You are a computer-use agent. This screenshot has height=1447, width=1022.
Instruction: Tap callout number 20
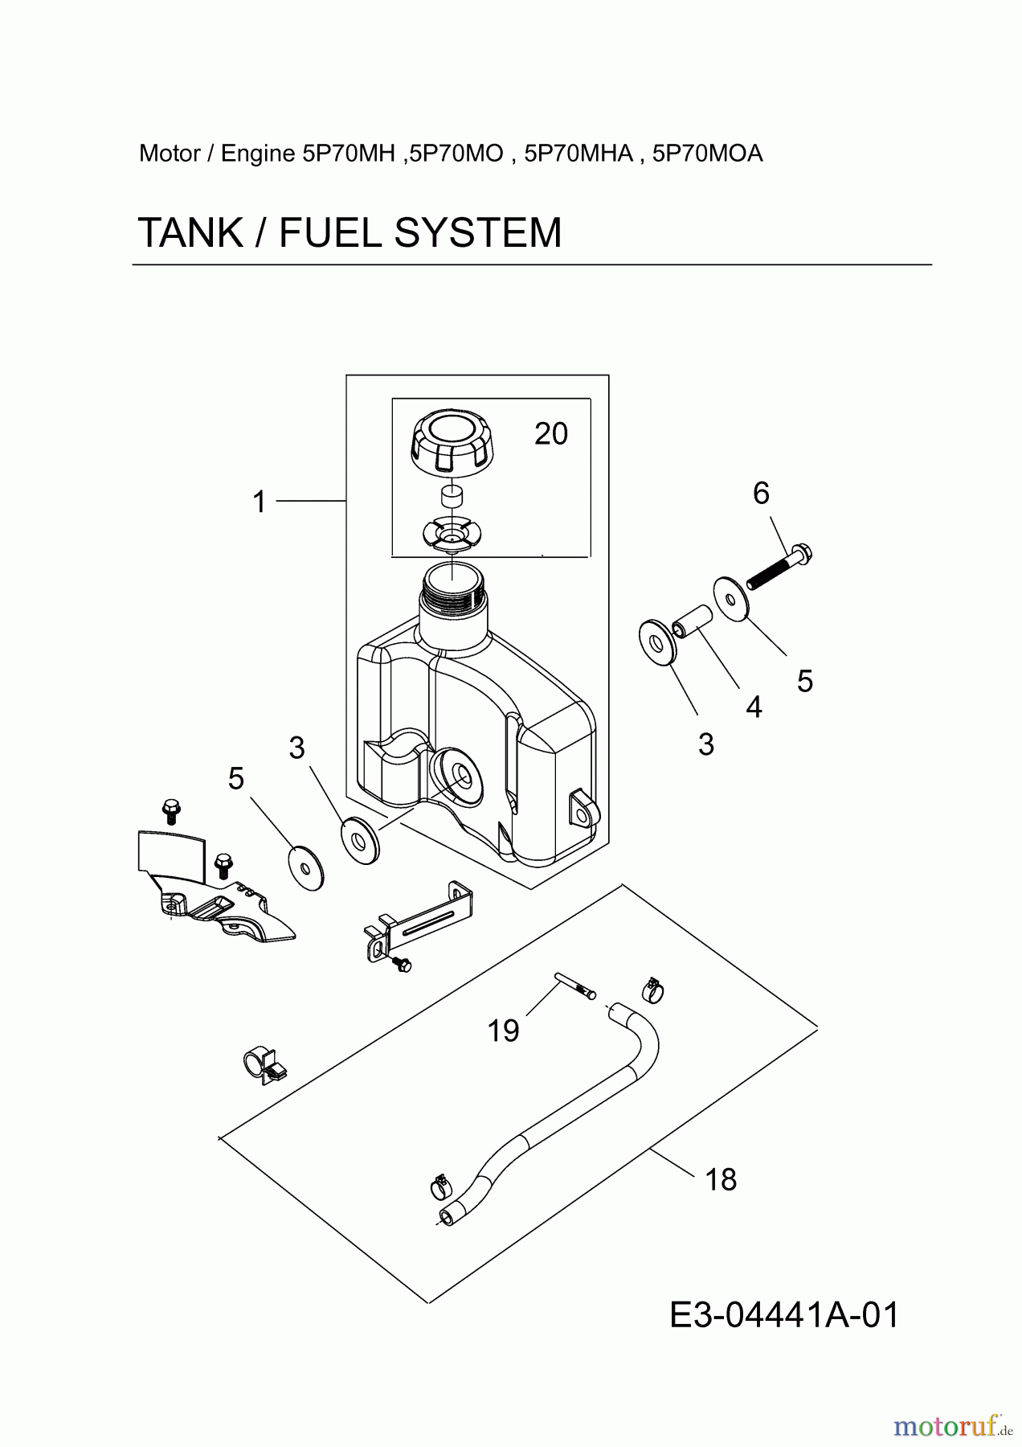551,434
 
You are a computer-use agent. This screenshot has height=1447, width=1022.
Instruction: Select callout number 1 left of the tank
259,502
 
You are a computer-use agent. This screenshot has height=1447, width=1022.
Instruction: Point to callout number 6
761,493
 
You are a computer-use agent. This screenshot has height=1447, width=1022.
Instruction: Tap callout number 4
754,707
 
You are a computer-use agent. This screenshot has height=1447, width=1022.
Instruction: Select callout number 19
504,1031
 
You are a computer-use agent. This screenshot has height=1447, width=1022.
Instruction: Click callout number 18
721,1179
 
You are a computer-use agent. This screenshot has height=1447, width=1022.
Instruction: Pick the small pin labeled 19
574,986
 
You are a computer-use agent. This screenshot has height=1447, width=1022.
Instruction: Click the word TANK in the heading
190,233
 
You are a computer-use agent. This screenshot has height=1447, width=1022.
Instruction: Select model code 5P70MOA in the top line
708,154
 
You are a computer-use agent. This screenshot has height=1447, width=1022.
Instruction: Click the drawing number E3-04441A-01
784,1316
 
